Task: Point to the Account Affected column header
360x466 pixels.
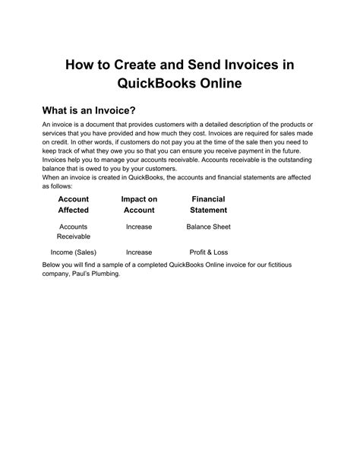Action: (x=73, y=204)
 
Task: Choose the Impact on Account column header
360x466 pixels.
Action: (x=139, y=204)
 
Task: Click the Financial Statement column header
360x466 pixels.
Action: (x=208, y=204)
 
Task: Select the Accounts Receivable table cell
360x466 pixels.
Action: (x=73, y=232)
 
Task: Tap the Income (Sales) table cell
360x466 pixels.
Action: (x=73, y=252)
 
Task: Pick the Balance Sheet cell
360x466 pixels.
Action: (x=208, y=227)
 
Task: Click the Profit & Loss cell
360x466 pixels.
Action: (x=208, y=252)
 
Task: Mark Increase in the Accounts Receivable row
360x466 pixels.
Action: (x=139, y=227)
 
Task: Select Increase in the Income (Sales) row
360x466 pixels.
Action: (x=139, y=252)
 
